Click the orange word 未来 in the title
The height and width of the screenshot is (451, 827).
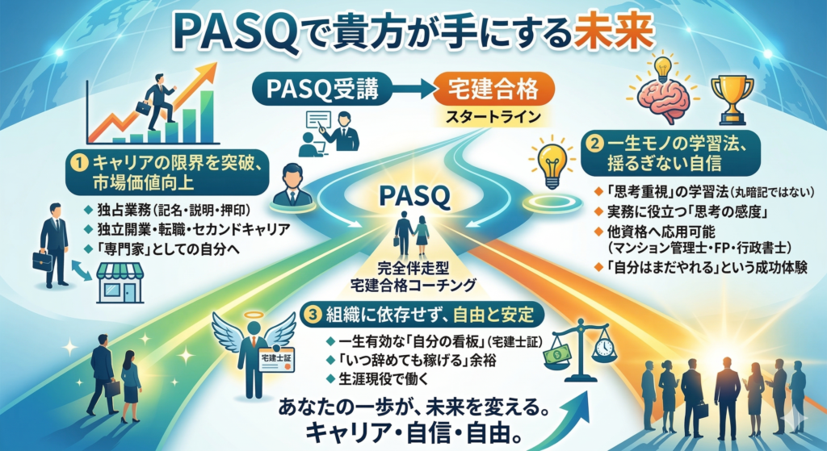615,33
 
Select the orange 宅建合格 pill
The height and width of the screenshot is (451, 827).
493,89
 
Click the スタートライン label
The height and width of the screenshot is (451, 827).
493,116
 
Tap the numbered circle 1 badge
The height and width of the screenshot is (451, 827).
78,164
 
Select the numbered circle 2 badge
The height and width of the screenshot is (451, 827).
595,144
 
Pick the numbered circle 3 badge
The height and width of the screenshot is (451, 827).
313,315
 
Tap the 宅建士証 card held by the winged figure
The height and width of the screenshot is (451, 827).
278,361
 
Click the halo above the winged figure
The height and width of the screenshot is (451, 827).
253,315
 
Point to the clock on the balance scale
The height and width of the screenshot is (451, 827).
604,347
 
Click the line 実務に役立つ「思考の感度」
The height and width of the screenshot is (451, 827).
686,212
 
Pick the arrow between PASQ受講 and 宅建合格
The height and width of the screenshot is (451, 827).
413,90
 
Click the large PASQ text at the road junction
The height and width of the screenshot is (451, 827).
414,197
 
